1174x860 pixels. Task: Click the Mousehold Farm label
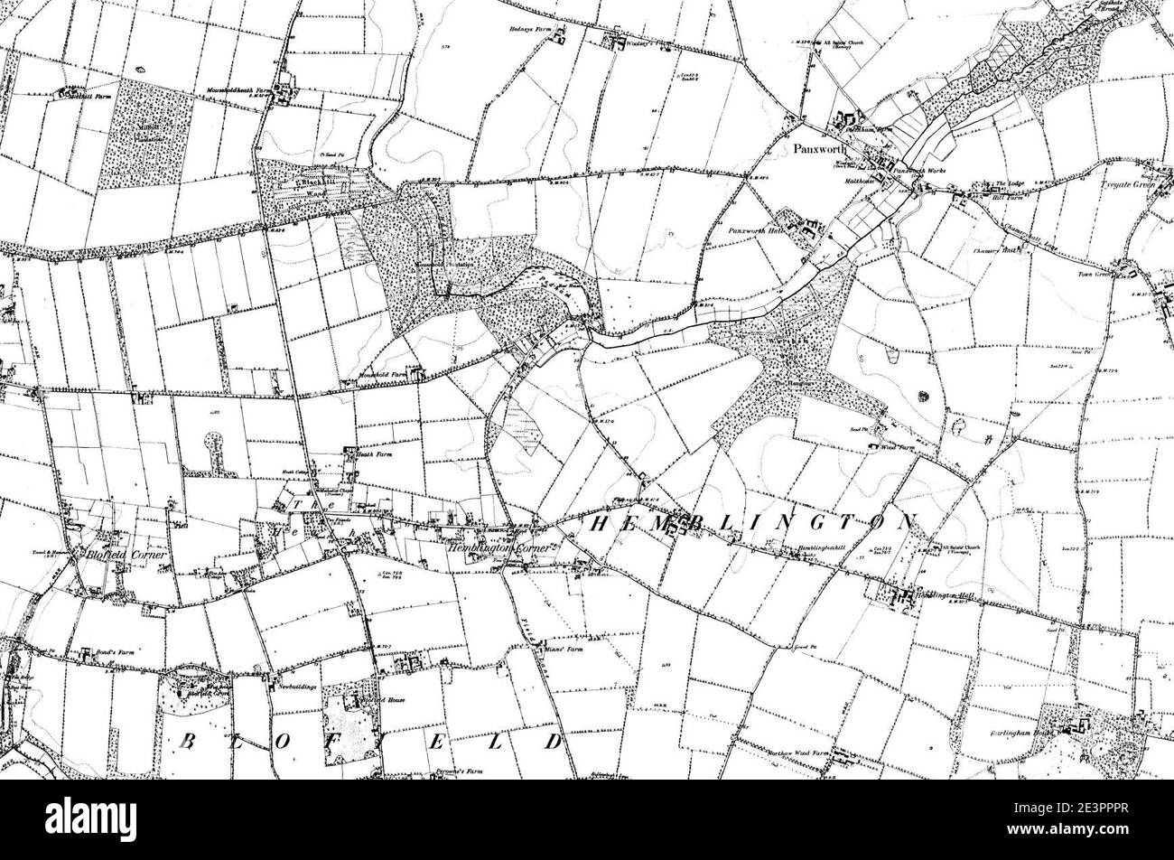[379, 371]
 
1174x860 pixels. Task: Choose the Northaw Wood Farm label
[800, 752]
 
